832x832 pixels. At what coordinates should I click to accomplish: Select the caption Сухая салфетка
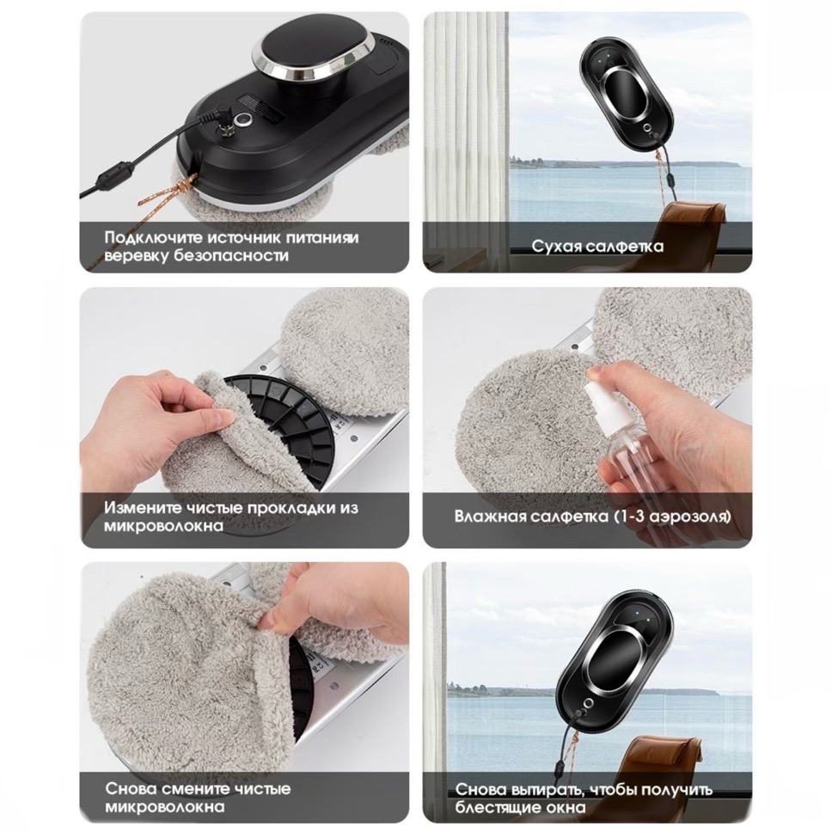coord(597,246)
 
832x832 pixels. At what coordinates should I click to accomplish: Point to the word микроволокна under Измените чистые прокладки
coord(163,526)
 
